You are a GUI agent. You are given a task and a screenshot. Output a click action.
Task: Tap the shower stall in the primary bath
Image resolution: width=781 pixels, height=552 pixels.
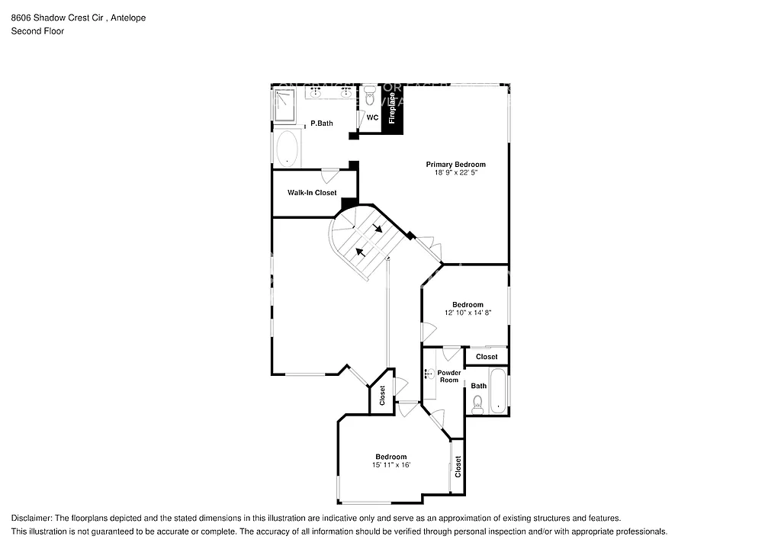284,104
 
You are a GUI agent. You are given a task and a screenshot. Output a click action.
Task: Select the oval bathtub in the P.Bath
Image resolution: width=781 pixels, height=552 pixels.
287,149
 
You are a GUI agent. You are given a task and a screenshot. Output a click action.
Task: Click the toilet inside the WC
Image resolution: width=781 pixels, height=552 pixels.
370,97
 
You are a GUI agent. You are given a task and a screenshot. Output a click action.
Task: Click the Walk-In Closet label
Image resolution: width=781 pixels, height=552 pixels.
312,193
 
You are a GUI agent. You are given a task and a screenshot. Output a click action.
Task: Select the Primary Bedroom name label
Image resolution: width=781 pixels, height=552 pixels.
455,165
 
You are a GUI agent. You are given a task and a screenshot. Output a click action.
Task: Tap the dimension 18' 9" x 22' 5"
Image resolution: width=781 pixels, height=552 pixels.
455,173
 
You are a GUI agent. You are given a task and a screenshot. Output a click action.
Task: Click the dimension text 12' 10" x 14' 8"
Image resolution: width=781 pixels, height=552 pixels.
468,313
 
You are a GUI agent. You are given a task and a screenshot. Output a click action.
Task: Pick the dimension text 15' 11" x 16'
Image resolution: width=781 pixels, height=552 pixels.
390,465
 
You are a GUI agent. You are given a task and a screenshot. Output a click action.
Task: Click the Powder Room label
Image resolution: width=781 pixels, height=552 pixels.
449,377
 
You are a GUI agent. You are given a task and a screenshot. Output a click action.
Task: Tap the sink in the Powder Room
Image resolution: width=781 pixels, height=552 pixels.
429,374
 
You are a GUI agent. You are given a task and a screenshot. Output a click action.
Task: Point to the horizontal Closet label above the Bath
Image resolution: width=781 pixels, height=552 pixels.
487,357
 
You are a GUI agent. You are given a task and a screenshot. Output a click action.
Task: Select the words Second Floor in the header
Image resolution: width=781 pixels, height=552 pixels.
37,31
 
